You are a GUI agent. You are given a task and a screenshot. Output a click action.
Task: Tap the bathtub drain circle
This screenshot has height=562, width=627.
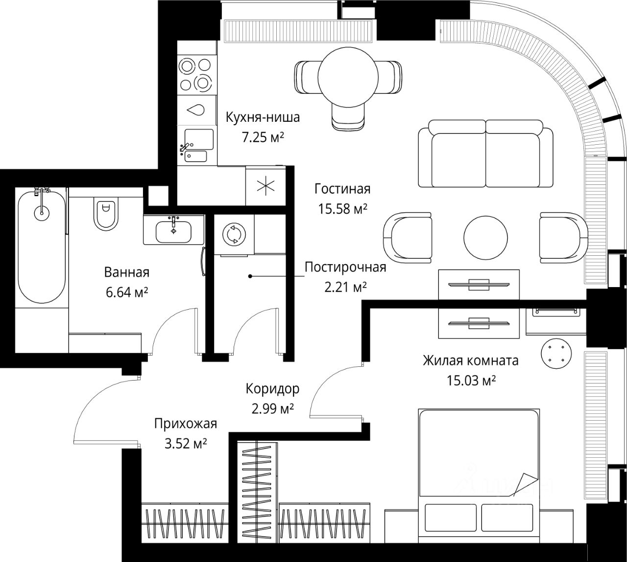click(42, 213)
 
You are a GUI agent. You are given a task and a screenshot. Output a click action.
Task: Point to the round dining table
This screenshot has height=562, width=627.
click(348, 77)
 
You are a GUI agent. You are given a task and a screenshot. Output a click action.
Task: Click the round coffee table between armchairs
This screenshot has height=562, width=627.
click(485, 237)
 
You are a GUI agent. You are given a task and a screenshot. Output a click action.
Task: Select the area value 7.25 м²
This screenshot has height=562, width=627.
click(263, 137)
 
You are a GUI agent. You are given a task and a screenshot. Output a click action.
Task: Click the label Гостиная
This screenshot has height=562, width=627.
click(342, 189)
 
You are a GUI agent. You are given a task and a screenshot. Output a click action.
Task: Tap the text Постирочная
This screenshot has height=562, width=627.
click(345, 267)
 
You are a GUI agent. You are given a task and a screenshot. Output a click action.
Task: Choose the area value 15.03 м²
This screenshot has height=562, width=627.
click(471, 381)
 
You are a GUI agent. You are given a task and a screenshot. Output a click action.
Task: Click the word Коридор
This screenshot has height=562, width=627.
click(273, 389)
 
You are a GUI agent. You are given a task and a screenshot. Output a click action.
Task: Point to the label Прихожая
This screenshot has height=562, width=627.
click(186, 424)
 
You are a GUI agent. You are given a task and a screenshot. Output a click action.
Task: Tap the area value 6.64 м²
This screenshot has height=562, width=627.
click(127, 292)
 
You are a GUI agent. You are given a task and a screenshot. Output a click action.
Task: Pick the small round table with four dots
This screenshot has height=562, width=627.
click(556, 354)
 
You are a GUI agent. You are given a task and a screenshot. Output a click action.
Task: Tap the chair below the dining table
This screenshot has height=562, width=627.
click(347, 117)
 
